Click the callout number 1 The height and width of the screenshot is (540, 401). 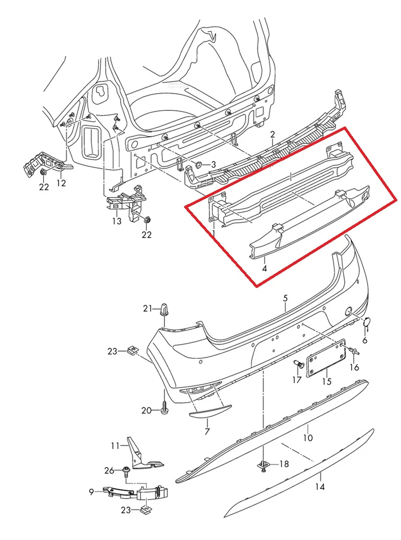214,233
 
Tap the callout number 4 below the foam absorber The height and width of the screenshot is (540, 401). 264,269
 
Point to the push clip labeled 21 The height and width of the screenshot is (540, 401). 164,310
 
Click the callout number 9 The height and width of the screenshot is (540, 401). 91,492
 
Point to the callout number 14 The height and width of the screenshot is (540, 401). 320,487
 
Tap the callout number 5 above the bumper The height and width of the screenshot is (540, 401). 285,298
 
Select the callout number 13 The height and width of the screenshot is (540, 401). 117,221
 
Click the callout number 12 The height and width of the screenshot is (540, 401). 61,183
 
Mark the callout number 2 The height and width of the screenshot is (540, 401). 272,135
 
